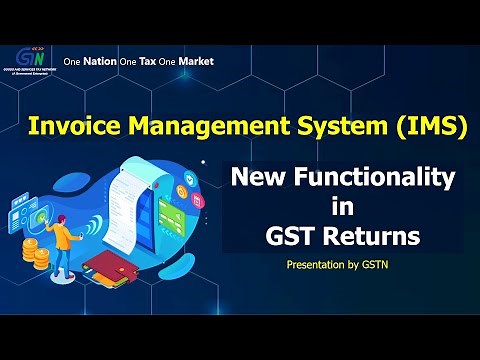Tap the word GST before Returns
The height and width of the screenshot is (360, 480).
289,238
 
